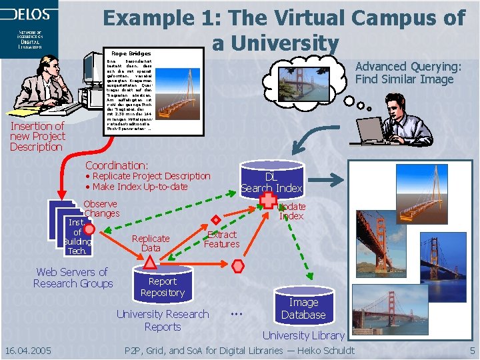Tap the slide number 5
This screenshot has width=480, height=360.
pyautogui.click(x=472, y=351)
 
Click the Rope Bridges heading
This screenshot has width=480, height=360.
pyautogui.click(x=131, y=53)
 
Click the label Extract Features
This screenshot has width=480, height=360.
pyautogui.click(x=222, y=239)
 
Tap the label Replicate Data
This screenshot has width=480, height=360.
pyautogui.click(x=151, y=243)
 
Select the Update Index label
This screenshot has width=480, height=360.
pyautogui.click(x=291, y=211)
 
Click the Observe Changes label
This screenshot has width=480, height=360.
pyautogui.click(x=101, y=209)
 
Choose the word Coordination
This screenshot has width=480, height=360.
pyautogui.click(x=117, y=165)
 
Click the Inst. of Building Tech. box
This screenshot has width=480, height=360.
pyautogui.click(x=76, y=237)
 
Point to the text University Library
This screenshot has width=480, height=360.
pyautogui.click(x=303, y=335)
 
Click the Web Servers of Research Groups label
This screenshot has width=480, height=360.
pyautogui.click(x=73, y=277)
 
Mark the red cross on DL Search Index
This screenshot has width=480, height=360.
pyautogui.click(x=268, y=200)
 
